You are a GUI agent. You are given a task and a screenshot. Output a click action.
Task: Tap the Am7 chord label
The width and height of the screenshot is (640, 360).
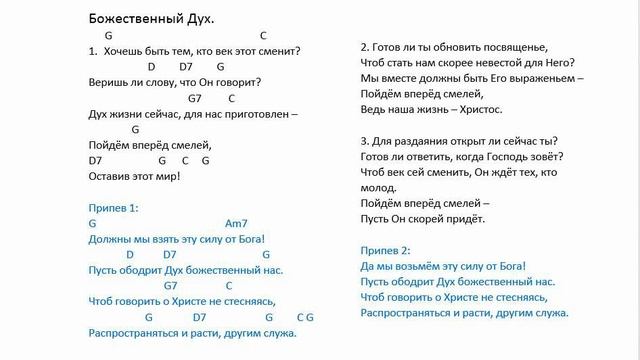236,224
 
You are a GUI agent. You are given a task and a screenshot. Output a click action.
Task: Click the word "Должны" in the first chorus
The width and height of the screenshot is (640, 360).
110,240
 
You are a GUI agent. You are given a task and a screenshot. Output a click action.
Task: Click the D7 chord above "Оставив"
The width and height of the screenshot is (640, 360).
96,160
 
